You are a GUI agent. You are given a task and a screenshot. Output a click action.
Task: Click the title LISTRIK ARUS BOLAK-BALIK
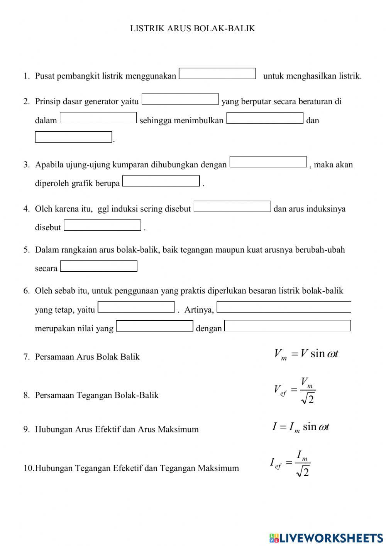tap(193, 29)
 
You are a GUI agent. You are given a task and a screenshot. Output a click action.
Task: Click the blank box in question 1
tap(218, 74)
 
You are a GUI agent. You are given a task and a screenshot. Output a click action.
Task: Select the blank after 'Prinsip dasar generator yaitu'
tap(180, 99)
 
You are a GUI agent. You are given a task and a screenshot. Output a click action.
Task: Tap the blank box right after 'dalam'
tap(98, 118)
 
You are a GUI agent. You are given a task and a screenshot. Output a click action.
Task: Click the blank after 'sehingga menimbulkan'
tap(265, 118)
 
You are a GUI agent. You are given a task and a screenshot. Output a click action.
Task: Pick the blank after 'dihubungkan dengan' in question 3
tap(268, 162)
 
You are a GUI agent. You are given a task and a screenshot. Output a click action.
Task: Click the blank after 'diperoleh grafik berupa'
tap(161, 181)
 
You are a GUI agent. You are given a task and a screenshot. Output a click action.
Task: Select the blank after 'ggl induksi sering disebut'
tap(232, 207)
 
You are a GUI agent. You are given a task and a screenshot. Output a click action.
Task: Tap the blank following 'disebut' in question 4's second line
tap(102, 225)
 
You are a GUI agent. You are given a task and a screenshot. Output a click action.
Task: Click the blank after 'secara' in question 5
tap(99, 267)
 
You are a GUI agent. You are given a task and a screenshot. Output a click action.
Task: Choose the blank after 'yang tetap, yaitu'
tap(136, 307)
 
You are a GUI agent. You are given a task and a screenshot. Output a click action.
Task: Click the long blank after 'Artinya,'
tap(284, 307)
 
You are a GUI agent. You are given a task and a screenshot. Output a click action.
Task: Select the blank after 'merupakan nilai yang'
tap(154, 326)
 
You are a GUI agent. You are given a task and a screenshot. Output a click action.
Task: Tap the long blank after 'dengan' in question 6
tap(288, 326)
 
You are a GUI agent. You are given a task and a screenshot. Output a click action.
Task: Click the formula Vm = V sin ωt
tap(306, 354)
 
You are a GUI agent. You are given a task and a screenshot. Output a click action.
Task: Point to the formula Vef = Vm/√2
tap(295, 390)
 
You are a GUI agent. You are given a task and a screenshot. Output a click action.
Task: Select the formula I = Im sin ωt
tap(300, 427)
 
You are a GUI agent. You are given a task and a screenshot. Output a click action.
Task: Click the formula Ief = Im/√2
tap(290, 463)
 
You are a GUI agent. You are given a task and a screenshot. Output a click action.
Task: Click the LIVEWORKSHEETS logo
tap(326, 537)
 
